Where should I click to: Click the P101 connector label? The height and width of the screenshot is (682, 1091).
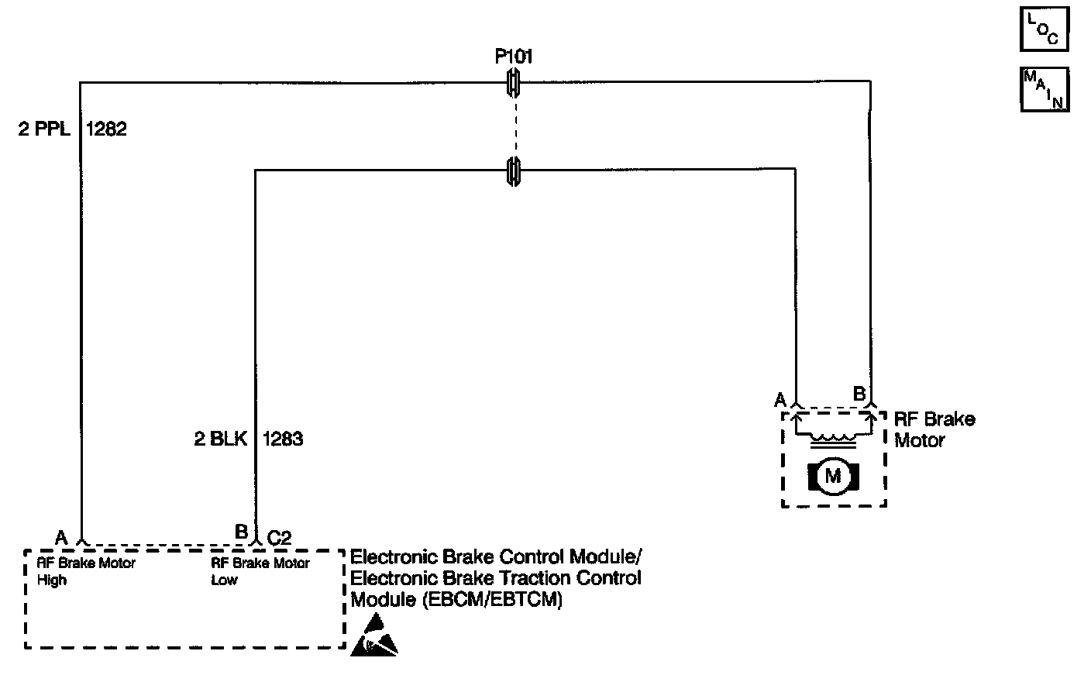[x=513, y=57]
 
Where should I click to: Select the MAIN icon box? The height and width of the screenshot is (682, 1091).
[x=1045, y=89]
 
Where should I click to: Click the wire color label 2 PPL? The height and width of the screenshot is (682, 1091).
[x=44, y=129]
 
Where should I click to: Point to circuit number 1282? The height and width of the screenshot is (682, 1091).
[x=106, y=129]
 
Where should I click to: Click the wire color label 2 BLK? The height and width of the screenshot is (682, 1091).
[x=220, y=439]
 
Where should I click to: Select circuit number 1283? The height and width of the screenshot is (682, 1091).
[x=283, y=439]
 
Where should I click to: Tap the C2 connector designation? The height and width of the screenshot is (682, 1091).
[x=279, y=537]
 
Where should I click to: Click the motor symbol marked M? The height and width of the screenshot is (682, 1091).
[x=832, y=476]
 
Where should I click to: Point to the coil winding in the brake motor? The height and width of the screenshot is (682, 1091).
[x=834, y=439]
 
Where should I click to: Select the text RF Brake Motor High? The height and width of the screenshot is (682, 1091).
[x=86, y=571]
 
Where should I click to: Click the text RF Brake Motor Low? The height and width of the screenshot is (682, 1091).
[x=260, y=571]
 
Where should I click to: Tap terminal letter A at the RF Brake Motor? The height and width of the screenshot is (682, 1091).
[x=780, y=399]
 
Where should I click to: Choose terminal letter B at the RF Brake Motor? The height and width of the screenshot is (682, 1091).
[x=859, y=393]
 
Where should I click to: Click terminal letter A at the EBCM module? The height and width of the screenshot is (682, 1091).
[x=61, y=536]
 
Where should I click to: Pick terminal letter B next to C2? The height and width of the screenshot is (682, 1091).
[x=241, y=532]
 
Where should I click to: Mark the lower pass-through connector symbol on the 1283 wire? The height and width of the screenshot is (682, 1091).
[x=512, y=170]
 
